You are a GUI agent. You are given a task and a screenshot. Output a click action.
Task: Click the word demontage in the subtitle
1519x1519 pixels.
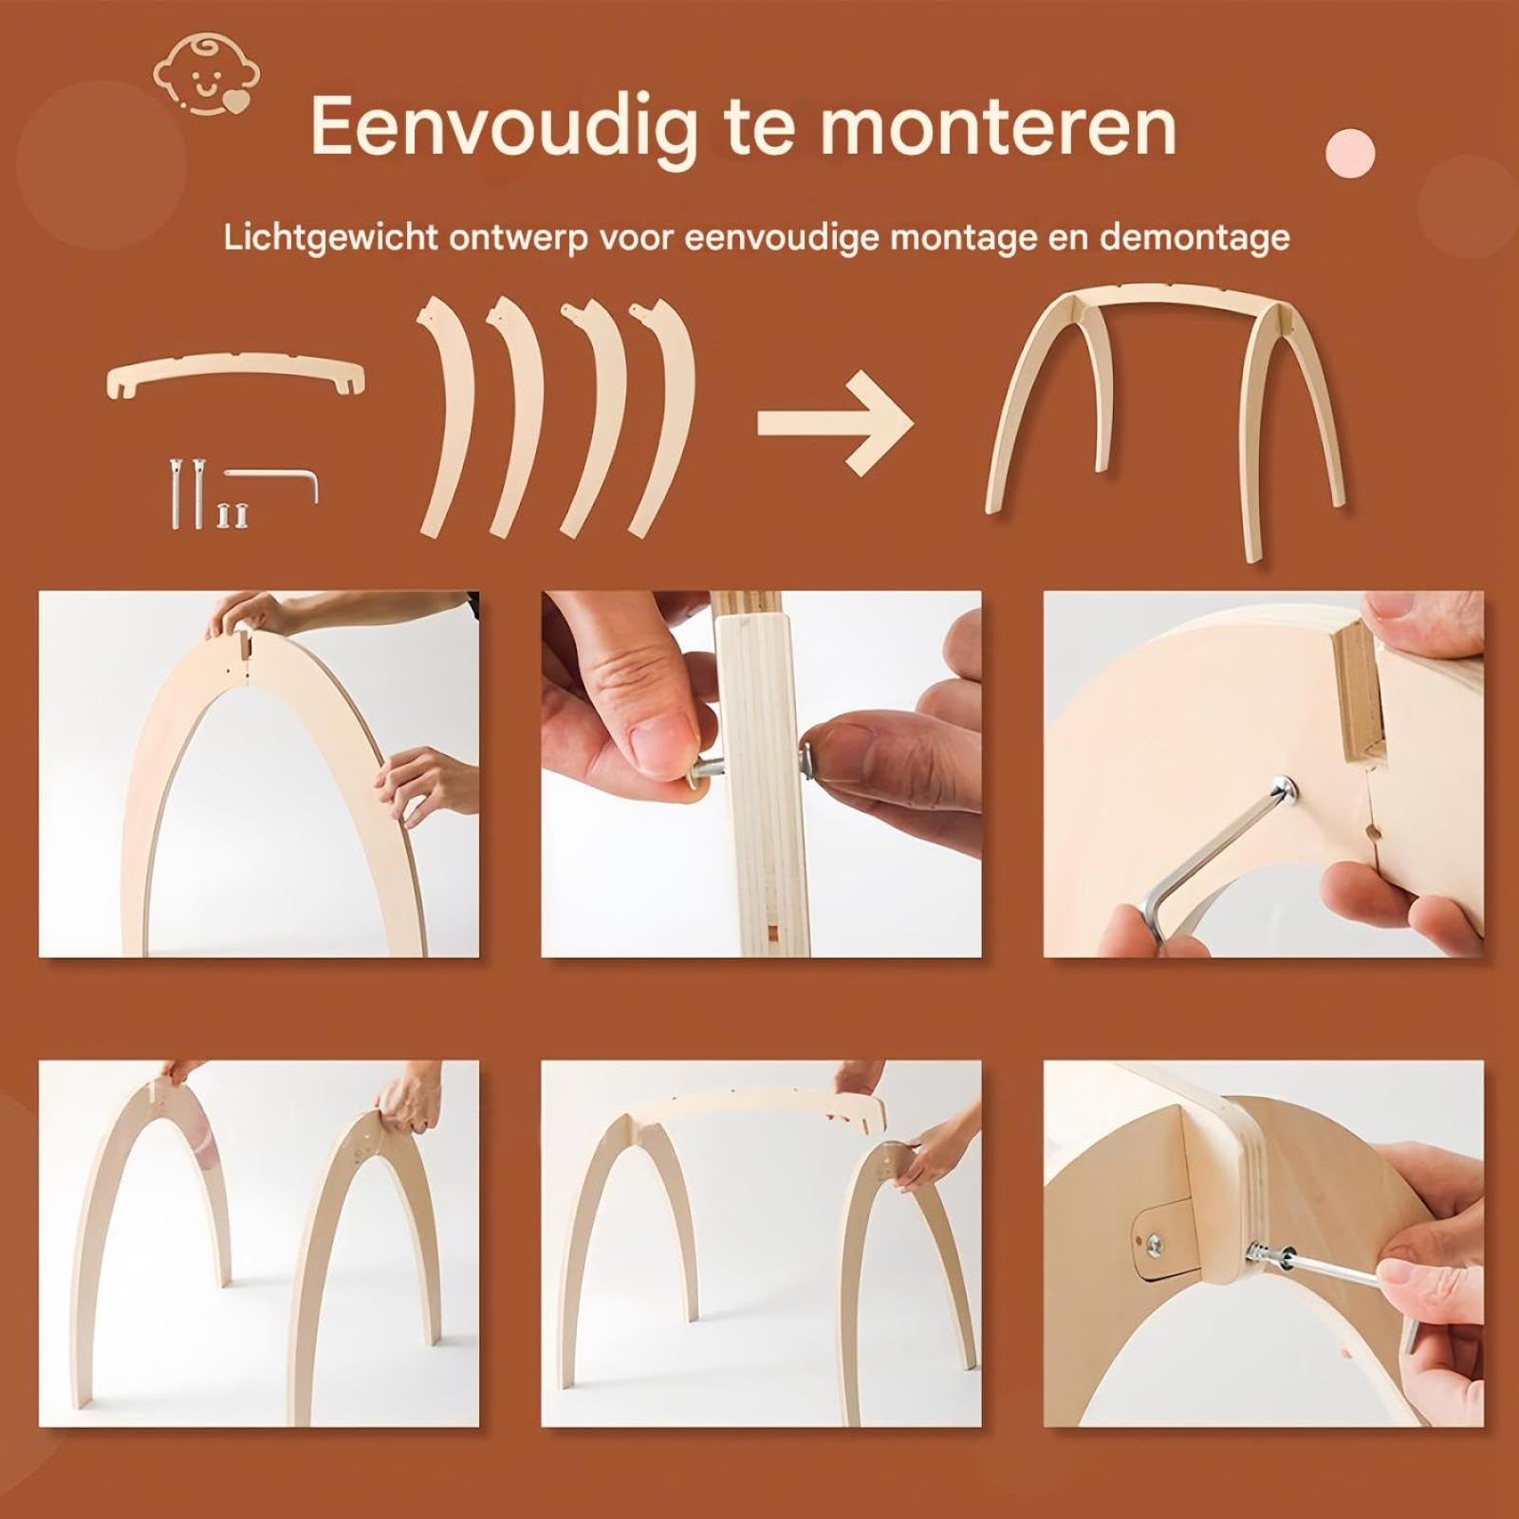coord(1195,237)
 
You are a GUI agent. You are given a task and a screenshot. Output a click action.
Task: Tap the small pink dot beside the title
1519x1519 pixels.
coord(1349,150)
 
